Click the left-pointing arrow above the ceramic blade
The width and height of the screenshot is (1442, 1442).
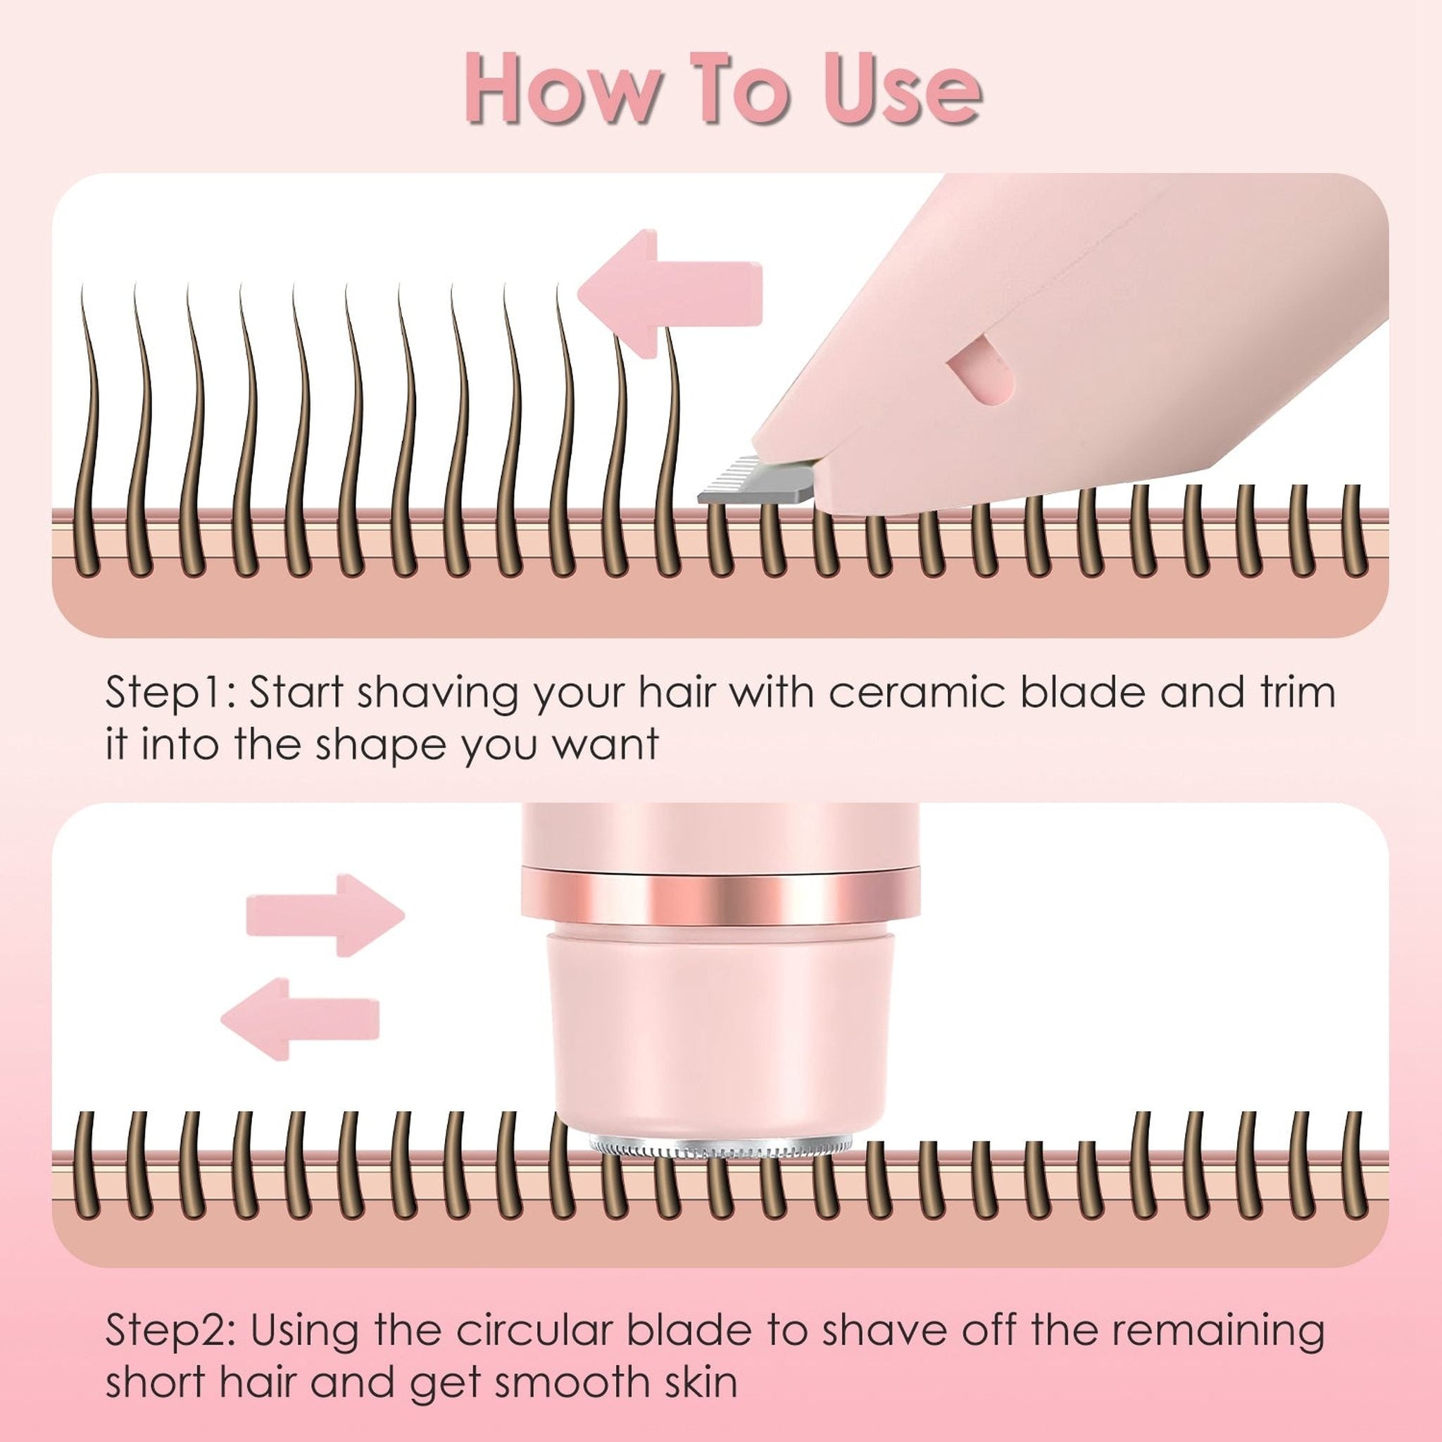670,294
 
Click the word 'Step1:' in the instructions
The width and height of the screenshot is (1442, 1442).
170,693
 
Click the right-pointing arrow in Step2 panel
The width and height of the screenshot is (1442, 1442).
325,915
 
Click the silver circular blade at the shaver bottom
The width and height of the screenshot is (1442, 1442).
719,1166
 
